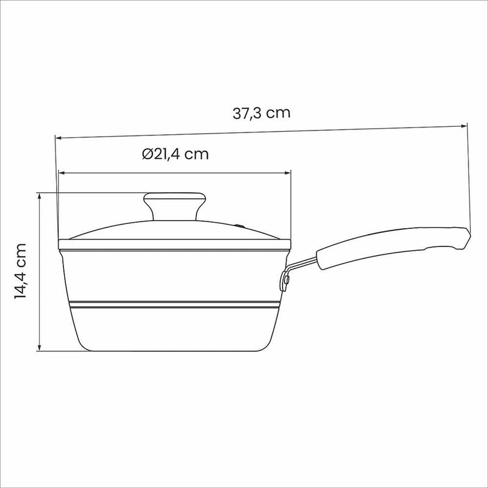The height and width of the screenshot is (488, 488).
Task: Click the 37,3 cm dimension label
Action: click(262, 113)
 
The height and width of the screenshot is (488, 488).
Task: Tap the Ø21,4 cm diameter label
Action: click(175, 154)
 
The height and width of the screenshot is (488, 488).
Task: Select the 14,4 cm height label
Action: click(21, 271)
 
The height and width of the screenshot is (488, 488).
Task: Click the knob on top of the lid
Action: click(174, 206)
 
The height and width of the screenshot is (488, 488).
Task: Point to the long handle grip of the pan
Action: click(393, 247)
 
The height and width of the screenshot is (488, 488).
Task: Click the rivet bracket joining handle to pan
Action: click(285, 280)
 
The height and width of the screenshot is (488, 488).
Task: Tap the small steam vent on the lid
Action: click(239, 226)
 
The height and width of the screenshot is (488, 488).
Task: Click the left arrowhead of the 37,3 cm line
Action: click(58, 138)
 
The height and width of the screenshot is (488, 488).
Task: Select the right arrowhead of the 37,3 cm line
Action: click(464, 126)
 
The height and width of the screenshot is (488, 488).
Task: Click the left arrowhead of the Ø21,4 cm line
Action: click(62, 173)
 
